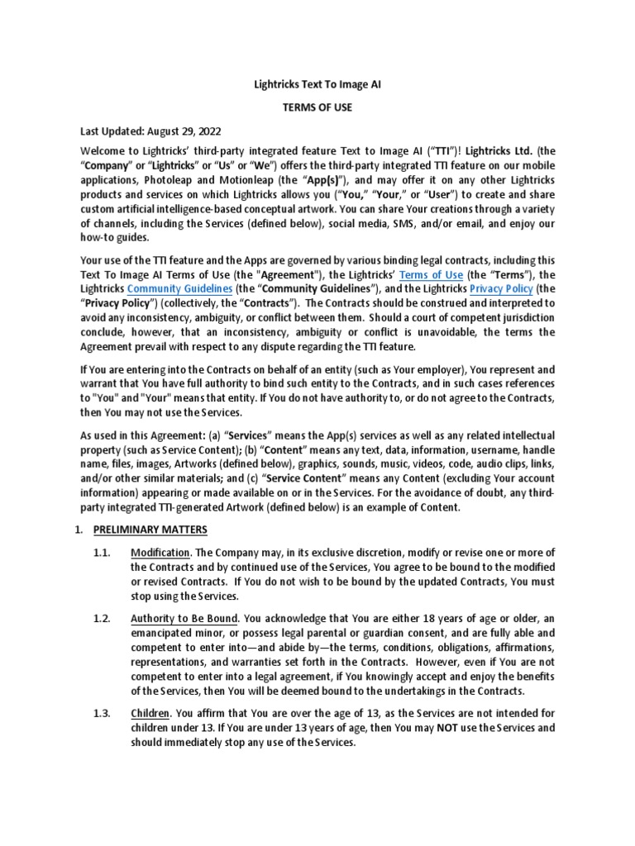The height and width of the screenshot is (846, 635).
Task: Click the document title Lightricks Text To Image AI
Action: click(317, 84)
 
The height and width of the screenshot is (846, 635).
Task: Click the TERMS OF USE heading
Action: click(317, 107)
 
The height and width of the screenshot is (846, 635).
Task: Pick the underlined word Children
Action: click(150, 714)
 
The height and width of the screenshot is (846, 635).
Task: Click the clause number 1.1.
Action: click(102, 552)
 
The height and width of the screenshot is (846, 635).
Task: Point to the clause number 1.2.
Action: click(102, 618)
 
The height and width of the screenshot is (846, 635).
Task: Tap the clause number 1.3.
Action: click(102, 714)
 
